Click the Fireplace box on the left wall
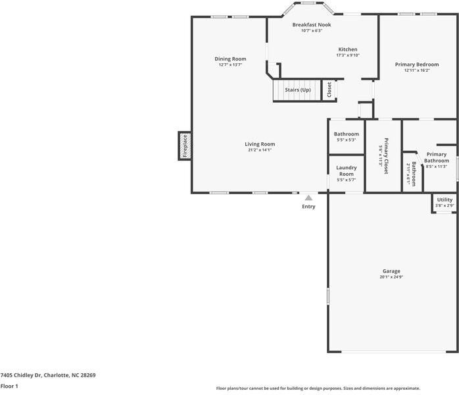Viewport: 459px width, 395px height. point(185,146)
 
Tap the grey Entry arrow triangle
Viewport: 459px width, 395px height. point(308,197)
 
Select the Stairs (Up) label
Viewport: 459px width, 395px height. point(298,90)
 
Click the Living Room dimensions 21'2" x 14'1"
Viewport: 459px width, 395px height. point(260,150)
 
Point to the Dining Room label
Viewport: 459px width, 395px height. point(230,59)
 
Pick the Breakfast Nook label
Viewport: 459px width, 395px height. point(312,25)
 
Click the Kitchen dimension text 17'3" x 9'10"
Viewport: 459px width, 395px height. point(348,55)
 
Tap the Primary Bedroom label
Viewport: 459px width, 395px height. point(417,65)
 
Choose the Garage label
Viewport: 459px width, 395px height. point(391,271)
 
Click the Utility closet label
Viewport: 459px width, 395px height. point(445,199)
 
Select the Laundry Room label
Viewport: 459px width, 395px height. point(347,171)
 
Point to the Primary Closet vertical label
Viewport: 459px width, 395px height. point(386,156)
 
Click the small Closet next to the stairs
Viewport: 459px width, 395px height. point(329,90)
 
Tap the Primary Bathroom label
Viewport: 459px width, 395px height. point(437,157)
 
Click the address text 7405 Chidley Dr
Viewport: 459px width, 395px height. point(21,375)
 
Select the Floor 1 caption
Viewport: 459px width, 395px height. point(9,386)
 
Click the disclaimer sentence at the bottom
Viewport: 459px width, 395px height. point(318,388)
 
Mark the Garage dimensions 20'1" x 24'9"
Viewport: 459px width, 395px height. point(391,277)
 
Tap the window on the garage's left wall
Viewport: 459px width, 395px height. point(328,296)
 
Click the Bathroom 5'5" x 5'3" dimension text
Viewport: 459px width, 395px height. point(347,140)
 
